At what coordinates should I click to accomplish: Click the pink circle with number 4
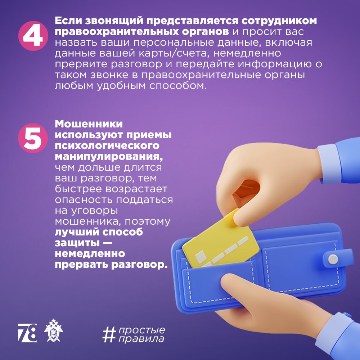coord(33,36)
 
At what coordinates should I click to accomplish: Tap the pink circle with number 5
coord(33,138)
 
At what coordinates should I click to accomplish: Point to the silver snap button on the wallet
coord(333,259)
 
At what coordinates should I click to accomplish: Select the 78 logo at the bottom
coord(27,333)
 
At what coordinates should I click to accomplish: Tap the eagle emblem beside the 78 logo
coord(54,330)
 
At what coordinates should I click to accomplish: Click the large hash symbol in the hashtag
coord(109,335)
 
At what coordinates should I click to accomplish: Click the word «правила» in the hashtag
coord(141,339)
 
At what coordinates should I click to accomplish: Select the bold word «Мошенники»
coord(89,124)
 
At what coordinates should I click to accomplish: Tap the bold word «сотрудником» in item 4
coord(279,21)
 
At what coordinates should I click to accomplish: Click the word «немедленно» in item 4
coord(247,53)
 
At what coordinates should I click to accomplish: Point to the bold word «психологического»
coord(107,146)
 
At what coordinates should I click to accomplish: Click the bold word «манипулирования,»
coord(109,157)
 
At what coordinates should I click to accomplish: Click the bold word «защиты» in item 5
coord(77,243)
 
